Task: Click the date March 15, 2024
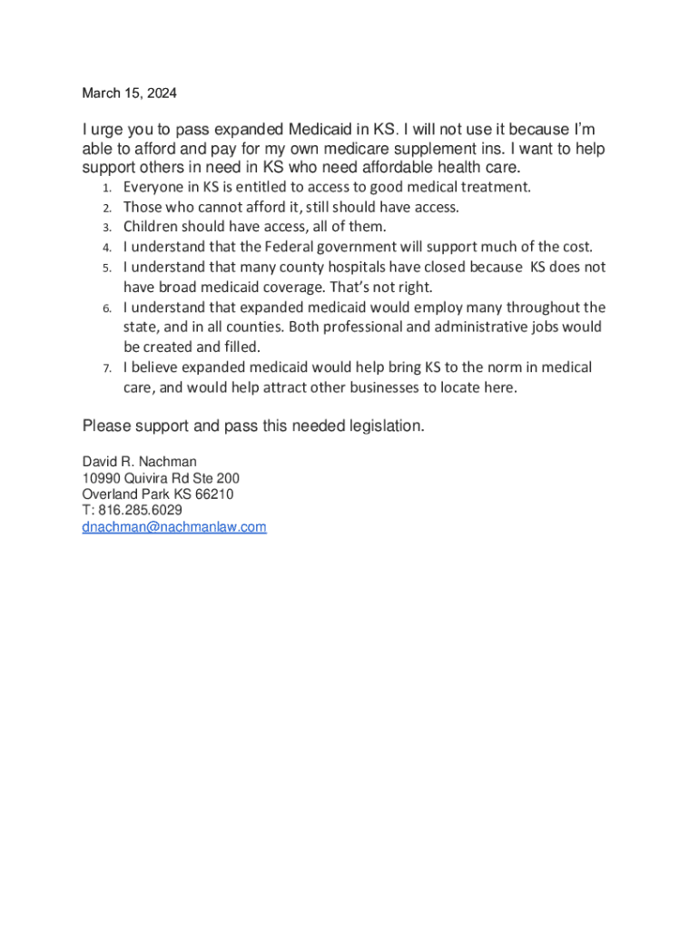(x=130, y=93)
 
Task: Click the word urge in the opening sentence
(x=108, y=130)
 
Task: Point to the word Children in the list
(x=150, y=227)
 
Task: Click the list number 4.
(x=105, y=248)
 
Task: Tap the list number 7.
(x=105, y=368)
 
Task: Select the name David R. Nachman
(x=139, y=462)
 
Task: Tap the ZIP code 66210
(x=215, y=494)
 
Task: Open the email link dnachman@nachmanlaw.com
(x=174, y=527)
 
